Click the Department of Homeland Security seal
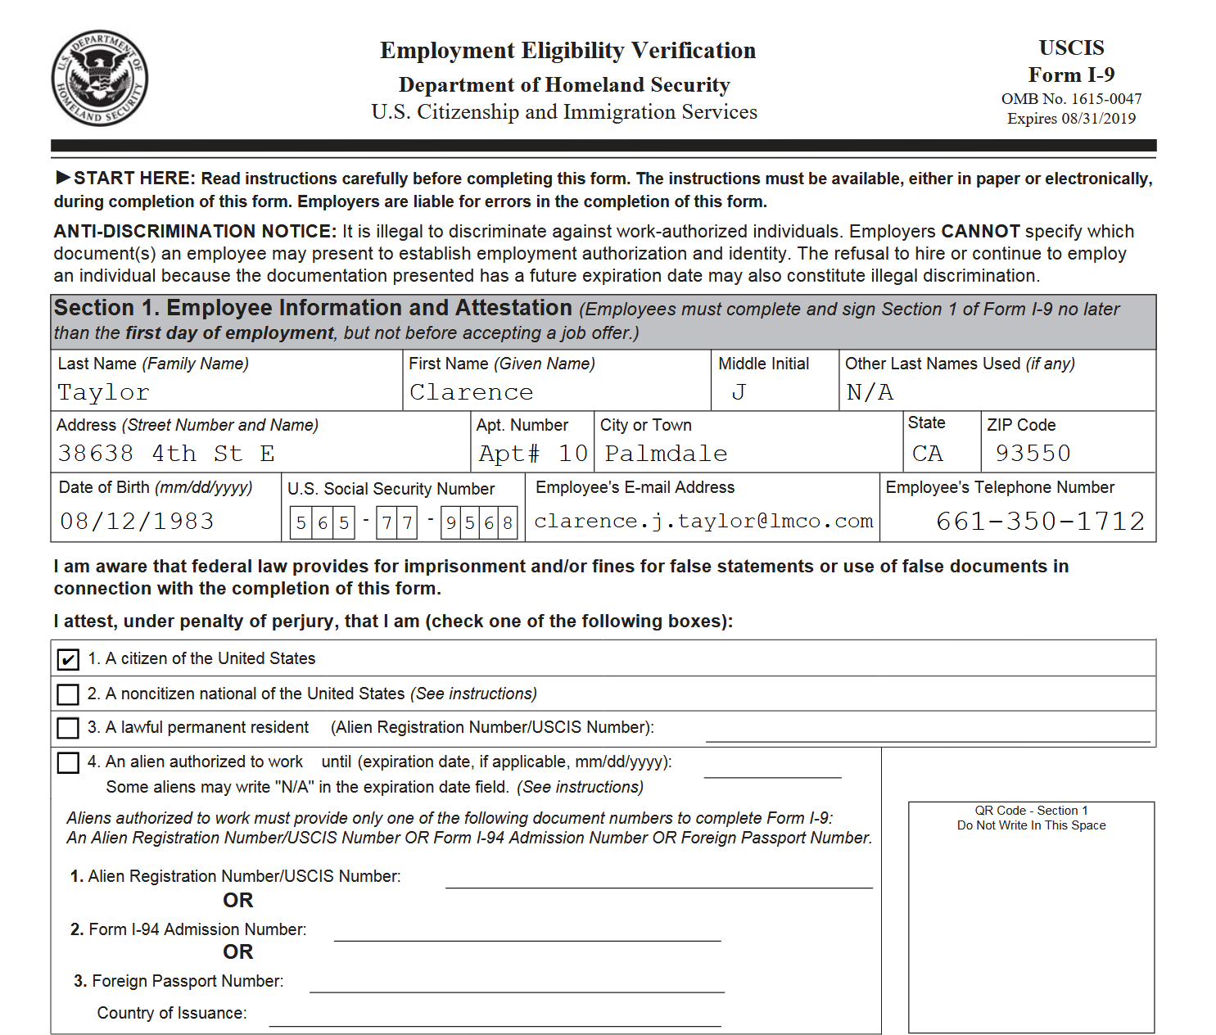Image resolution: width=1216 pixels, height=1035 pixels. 99,79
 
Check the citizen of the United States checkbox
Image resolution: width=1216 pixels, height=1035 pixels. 68,659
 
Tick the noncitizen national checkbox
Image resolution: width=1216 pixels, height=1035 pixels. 68,694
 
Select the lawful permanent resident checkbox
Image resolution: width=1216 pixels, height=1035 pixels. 68,728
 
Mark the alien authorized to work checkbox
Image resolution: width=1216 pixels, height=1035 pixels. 68,762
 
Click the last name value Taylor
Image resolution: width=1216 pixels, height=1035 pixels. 103,392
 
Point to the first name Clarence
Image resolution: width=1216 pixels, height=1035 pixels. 471,392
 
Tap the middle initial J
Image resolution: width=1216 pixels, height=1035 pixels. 739,392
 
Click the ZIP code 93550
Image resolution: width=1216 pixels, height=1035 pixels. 1033,453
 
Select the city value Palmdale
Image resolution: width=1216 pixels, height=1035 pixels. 666,453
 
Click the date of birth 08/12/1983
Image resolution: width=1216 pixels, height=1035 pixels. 137,521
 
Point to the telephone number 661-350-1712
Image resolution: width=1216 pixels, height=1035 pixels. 1040,521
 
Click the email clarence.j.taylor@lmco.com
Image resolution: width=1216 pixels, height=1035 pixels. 703,521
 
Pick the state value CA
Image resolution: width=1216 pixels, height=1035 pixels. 927,453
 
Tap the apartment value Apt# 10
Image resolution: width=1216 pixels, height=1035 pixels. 533,453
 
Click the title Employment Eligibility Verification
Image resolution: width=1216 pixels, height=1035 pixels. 567,51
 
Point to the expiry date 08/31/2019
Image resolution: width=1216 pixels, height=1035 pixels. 1098,119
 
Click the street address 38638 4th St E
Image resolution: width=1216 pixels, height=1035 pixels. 166,453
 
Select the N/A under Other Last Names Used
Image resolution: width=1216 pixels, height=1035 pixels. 870,392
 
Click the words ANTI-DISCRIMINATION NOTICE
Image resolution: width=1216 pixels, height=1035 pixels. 195,232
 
